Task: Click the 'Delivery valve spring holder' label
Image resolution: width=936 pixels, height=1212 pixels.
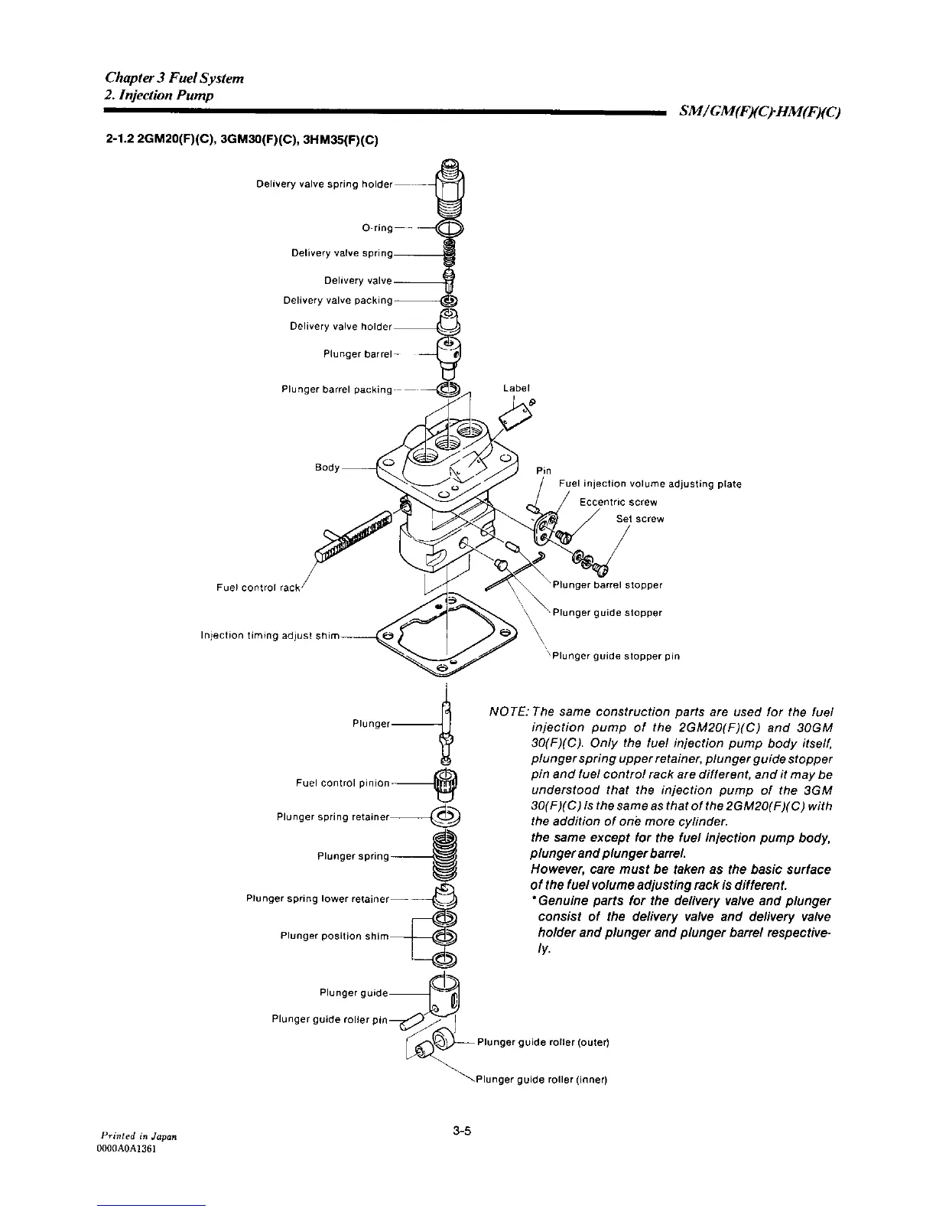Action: coord(323,184)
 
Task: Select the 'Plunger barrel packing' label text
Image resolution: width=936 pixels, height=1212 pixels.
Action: coord(336,389)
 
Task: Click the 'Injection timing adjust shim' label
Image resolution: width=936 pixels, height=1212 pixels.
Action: coord(268,635)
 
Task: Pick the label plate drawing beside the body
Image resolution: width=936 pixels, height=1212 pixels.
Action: coord(512,417)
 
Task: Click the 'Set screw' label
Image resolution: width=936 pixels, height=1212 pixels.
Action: coord(640,519)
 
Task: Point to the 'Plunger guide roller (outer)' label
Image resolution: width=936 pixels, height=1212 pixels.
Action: coord(543,1042)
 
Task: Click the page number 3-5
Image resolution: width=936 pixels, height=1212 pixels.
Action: coord(460,1131)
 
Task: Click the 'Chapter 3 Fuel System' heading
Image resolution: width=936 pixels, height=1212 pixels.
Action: coord(174,78)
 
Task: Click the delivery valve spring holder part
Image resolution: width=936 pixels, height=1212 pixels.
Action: coord(448,187)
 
